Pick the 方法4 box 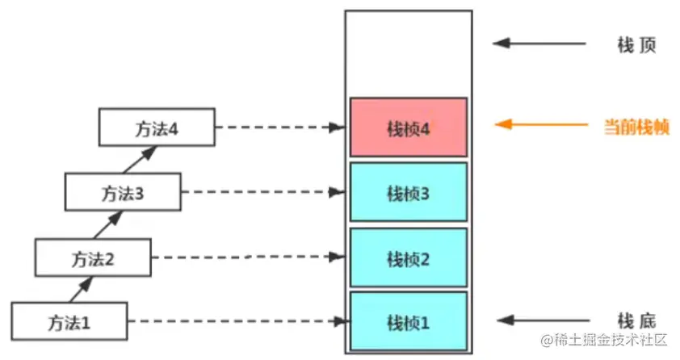click(x=157, y=127)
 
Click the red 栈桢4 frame click(x=409, y=128)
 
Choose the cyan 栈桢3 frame click(x=409, y=193)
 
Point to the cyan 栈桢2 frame click(x=409, y=258)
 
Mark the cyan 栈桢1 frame click(x=409, y=322)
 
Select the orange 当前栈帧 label click(x=636, y=126)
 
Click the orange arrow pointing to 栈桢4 click(x=541, y=125)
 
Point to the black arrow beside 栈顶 click(x=541, y=43)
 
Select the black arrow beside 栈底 click(x=541, y=320)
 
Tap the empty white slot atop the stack click(x=409, y=52)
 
